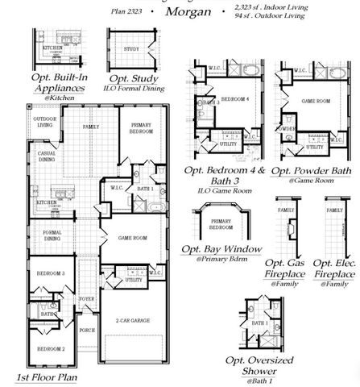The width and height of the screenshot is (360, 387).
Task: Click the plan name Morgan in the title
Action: [x=189, y=13]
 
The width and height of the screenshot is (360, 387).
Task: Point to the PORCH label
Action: [x=86, y=329]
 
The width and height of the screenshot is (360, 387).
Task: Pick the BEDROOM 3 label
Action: [x=50, y=273]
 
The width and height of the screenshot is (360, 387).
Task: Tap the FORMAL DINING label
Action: [x=51, y=236]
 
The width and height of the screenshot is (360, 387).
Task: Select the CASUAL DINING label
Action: [x=46, y=156]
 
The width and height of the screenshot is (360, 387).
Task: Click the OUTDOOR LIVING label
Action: [x=44, y=121]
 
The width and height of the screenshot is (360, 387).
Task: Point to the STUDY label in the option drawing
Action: [x=131, y=48]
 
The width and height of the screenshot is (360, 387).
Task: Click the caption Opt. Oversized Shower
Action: [x=271, y=365]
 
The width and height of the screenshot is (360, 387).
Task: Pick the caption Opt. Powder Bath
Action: [x=313, y=171]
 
